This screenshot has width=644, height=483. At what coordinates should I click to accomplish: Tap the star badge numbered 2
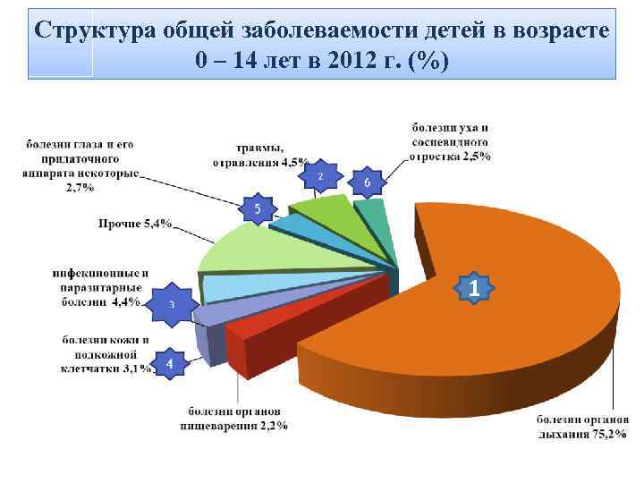pyautogui.click(x=320, y=177)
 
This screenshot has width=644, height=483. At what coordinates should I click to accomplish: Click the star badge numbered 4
pyautogui.click(x=171, y=364)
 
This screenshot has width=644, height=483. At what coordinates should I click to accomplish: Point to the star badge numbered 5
pyautogui.click(x=258, y=209)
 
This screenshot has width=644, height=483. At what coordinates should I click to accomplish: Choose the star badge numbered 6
pyautogui.click(x=367, y=182)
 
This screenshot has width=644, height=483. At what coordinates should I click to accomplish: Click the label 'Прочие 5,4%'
pyautogui.click(x=135, y=224)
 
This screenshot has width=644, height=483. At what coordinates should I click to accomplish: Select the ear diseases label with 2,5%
pyautogui.click(x=451, y=142)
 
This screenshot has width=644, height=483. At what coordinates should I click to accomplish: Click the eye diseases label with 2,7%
pyautogui.click(x=81, y=165)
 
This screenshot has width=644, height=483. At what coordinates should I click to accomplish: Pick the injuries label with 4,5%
pyautogui.click(x=260, y=157)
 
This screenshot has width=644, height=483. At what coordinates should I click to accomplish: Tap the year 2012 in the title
pyautogui.click(x=363, y=61)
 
